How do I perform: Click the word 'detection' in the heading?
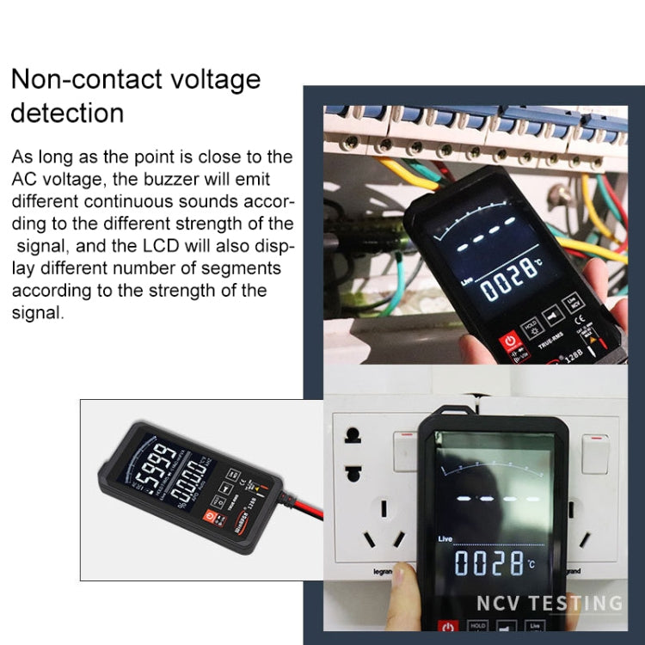coord(67,113)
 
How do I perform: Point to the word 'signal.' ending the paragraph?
coord(38,313)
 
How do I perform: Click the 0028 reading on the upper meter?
coord(511,283)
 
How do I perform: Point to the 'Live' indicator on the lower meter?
coord(445,538)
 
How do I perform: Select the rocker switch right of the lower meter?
coord(594,453)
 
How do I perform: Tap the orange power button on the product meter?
coord(209,517)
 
